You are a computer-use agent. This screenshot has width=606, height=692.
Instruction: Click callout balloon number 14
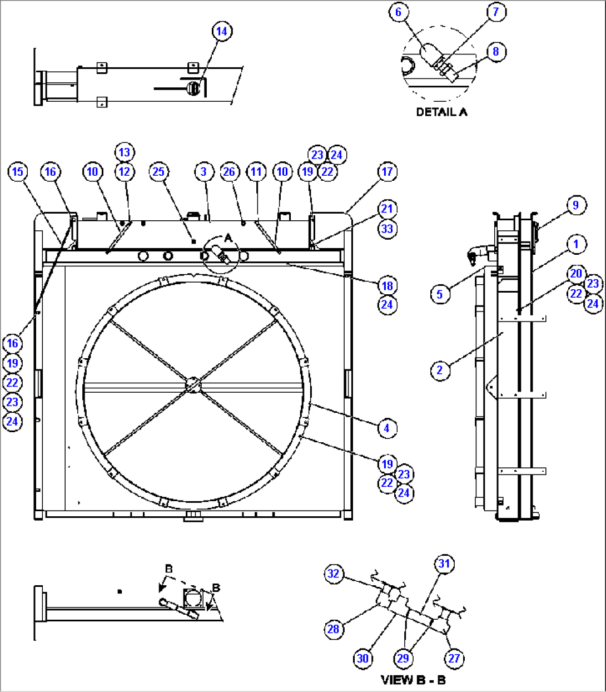point(221,31)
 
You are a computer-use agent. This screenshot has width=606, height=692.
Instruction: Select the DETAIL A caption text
point(442,112)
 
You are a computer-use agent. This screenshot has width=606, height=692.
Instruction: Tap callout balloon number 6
point(398,12)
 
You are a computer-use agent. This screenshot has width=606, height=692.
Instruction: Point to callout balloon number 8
point(495,52)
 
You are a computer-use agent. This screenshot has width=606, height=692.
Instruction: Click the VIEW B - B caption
point(413,680)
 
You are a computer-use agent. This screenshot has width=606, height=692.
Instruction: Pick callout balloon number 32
point(334,574)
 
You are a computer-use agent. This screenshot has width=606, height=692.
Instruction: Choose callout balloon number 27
point(454,658)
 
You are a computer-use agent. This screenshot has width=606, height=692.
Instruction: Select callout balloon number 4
point(386,428)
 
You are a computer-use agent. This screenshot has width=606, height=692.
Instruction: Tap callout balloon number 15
point(18,171)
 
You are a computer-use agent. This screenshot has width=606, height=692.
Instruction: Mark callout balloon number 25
point(158,171)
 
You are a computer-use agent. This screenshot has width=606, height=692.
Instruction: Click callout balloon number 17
point(387,171)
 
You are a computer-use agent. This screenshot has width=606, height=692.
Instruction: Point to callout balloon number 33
point(387,229)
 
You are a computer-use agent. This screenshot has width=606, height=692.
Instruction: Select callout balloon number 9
point(575,205)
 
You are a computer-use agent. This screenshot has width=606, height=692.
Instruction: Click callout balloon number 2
point(440,370)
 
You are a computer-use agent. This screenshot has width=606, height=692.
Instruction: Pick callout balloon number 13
point(124,152)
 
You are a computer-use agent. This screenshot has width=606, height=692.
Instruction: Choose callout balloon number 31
point(444,564)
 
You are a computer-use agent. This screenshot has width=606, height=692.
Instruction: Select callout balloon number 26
point(229,171)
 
